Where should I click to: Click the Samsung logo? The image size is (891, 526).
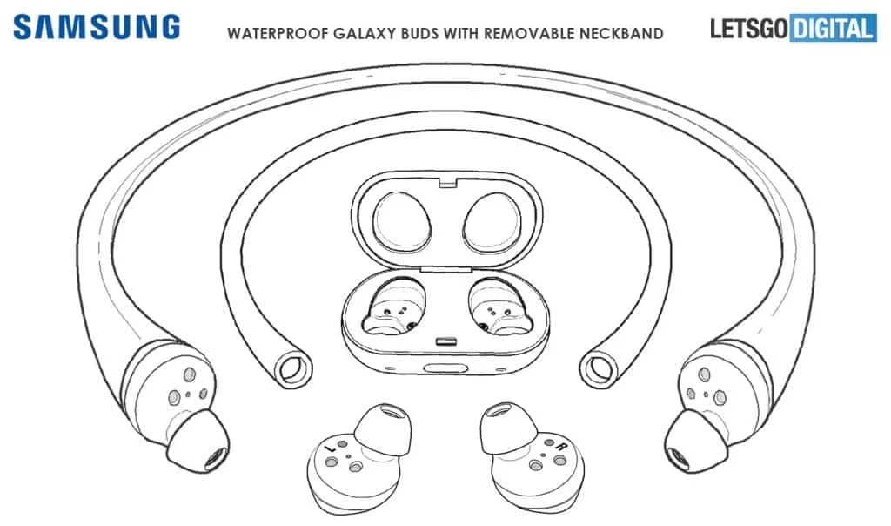pyautogui.click(x=97, y=27)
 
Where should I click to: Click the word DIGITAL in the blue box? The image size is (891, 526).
pyautogui.click(x=833, y=29)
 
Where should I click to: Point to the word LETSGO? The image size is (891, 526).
pyautogui.click(x=750, y=29)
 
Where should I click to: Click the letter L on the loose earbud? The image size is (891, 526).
pyautogui.click(x=330, y=449)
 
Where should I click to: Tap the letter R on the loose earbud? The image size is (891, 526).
pyautogui.click(x=561, y=447)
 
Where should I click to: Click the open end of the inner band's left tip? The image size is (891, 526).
pyautogui.click(x=294, y=369)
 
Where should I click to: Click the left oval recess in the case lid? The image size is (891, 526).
pyautogui.click(x=401, y=221)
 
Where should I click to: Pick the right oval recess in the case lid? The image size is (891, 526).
pyautogui.click(x=492, y=222)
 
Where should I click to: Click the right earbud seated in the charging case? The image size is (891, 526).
pyautogui.click(x=500, y=307)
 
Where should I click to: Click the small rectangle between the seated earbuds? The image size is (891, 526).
pyautogui.click(x=447, y=342)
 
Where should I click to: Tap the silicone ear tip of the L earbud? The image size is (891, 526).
pyautogui.click(x=383, y=429)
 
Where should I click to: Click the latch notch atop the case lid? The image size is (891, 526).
pyautogui.click(x=448, y=182)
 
